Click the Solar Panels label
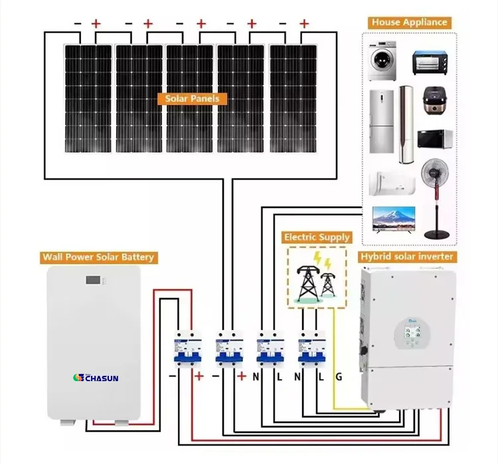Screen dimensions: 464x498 [x=192, y=99]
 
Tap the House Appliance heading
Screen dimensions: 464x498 [x=409, y=22]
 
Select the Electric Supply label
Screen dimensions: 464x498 [x=317, y=237]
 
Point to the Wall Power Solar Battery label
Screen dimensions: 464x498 [x=98, y=257]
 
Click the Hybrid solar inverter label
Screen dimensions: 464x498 [x=406, y=257]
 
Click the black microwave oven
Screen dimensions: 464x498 [x=432, y=139]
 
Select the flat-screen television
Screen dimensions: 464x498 [x=393, y=219]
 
